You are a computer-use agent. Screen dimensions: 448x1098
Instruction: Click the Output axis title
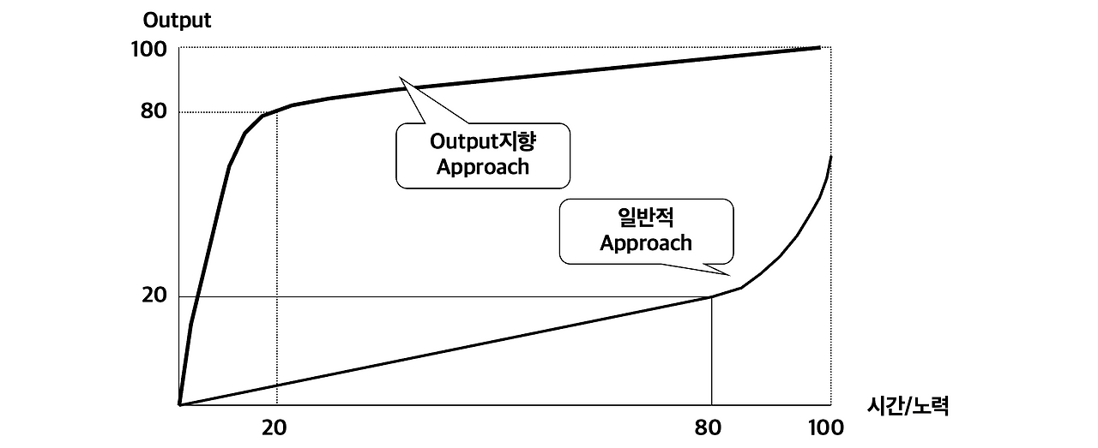(x=177, y=21)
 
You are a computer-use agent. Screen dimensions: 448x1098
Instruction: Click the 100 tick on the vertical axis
(x=148, y=49)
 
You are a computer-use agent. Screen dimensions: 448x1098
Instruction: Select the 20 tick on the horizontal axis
(x=273, y=427)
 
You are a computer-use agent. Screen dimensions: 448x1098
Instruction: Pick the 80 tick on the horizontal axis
(x=708, y=427)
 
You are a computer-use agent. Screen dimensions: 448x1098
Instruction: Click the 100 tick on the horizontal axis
(x=826, y=427)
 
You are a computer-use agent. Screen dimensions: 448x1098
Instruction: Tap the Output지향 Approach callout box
(x=483, y=155)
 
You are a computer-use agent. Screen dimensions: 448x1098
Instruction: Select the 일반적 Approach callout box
(x=646, y=231)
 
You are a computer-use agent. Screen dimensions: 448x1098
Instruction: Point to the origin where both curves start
(x=178, y=404)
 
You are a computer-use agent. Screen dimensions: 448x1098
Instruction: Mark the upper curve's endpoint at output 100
(x=820, y=48)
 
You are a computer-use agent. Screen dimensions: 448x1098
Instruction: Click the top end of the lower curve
(x=830, y=157)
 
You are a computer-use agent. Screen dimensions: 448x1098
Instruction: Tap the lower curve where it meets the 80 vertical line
(x=712, y=296)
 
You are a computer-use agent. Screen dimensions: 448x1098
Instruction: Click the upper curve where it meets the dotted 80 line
(x=265, y=114)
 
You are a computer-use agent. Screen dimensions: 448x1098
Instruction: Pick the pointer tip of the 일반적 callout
(x=729, y=275)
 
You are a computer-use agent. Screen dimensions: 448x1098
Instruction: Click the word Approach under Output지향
(x=483, y=167)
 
